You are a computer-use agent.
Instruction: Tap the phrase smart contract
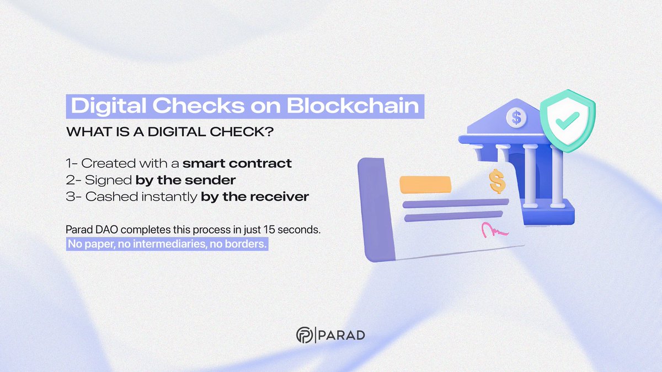coord(237,163)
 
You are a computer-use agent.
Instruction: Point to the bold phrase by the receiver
coord(254,196)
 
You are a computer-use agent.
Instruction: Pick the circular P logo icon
coord(303,335)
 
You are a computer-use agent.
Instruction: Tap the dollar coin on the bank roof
coord(516,116)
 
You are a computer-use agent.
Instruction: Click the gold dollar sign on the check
coord(497,181)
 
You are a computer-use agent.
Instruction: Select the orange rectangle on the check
coord(425,184)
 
